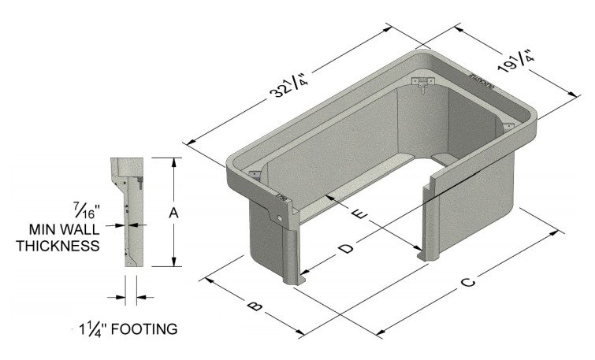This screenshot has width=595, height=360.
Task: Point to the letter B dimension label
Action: (x=253, y=304)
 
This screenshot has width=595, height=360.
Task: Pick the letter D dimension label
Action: (x=344, y=250)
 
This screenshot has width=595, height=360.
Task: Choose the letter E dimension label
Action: (x=361, y=215)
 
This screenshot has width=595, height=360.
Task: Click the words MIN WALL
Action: (x=63, y=229)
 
